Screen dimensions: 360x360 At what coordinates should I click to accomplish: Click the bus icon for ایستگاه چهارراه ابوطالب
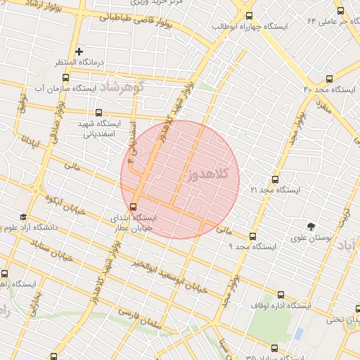pos(250,16)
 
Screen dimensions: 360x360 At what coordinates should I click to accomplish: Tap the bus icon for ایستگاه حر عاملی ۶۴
pos(341,11)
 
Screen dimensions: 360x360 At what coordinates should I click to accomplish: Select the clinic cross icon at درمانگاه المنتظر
pos(79,51)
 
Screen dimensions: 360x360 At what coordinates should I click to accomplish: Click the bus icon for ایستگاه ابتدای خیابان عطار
pos(134,207)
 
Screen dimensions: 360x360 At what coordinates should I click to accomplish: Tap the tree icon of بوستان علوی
pos(311,226)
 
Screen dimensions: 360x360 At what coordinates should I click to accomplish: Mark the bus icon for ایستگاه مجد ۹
pos(253,236)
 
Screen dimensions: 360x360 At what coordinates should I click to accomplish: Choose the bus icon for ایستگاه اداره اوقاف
pos(282,295)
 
